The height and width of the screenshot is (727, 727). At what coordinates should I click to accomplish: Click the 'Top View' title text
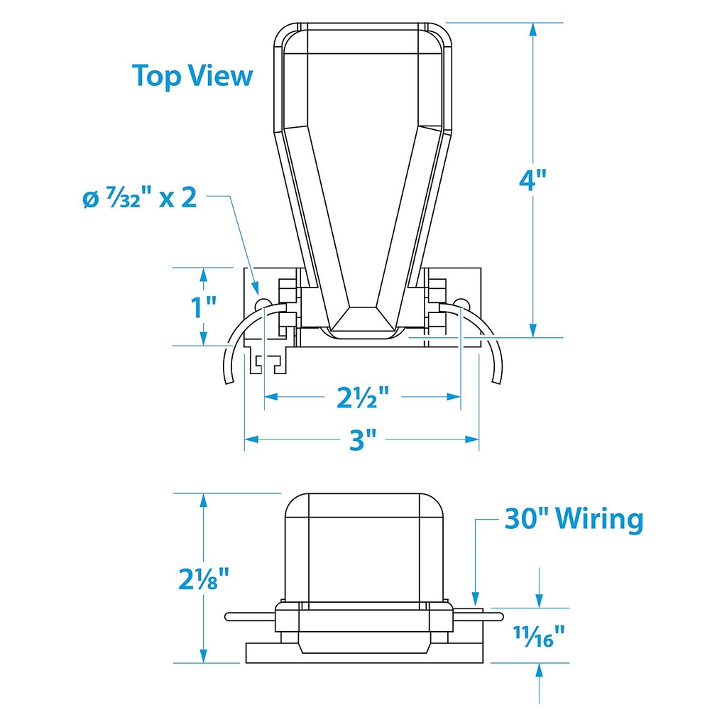point(192,75)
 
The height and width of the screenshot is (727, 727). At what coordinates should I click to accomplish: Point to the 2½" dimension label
point(363,398)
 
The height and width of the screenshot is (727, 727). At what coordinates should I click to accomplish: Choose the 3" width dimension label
point(363,439)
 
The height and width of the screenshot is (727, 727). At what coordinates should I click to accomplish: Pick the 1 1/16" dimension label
point(539,635)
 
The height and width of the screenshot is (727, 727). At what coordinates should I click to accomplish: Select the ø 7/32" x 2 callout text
point(140,198)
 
